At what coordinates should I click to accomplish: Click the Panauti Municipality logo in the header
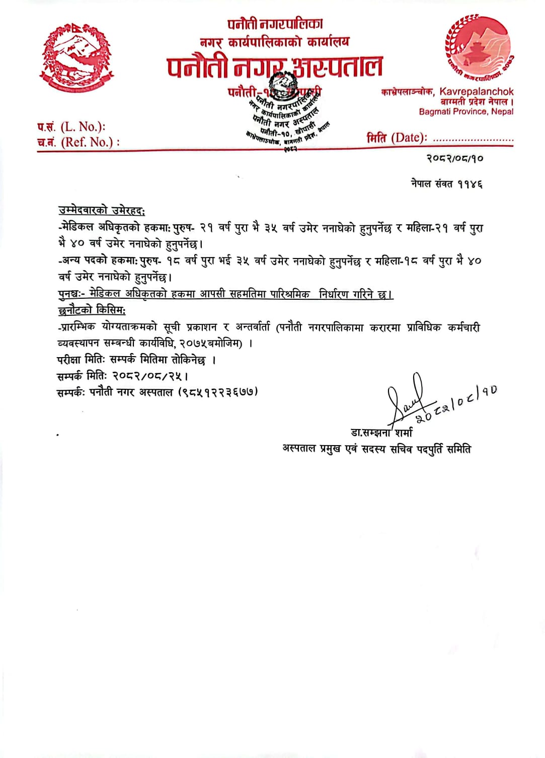pyautogui.click(x=479, y=48)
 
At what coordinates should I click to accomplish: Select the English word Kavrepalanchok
pyautogui.click(x=477, y=92)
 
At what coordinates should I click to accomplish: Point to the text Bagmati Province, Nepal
pyautogui.click(x=466, y=112)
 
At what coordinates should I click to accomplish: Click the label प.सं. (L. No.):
pyautogui.click(x=71, y=127)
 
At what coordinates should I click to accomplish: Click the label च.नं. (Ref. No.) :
pyautogui.click(x=78, y=142)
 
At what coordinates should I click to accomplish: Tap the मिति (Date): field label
pyautogui.click(x=397, y=137)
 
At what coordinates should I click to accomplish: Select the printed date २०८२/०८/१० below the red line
pyautogui.click(x=455, y=158)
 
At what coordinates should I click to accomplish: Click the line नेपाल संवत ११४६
pyautogui.click(x=446, y=184)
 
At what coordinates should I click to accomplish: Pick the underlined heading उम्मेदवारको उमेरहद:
pyautogui.click(x=102, y=211)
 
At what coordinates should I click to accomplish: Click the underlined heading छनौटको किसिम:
pyautogui.click(x=92, y=310)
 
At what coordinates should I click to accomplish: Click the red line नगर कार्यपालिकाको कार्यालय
pyautogui.click(x=274, y=42)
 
